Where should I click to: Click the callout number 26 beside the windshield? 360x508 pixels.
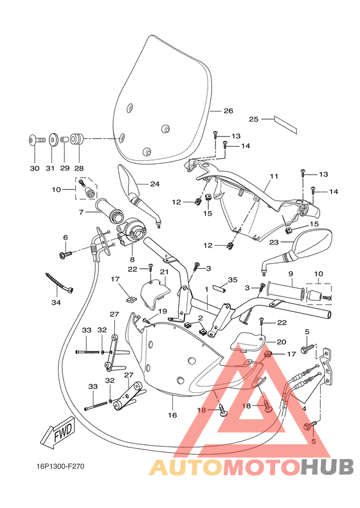[228, 111]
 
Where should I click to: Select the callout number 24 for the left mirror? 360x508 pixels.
[154, 184]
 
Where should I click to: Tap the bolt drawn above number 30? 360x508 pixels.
[35, 138]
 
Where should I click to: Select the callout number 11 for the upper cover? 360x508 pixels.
[273, 176]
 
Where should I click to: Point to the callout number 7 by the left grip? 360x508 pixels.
[82, 212]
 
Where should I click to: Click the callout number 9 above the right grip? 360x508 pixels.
[291, 274]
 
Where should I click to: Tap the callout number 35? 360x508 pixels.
[232, 280]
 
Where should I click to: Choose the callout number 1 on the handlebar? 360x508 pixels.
[207, 290]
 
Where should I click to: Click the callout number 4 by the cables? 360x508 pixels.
[303, 408]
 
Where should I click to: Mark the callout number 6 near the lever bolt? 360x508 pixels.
[65, 237]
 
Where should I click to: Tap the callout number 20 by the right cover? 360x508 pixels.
[281, 341]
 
